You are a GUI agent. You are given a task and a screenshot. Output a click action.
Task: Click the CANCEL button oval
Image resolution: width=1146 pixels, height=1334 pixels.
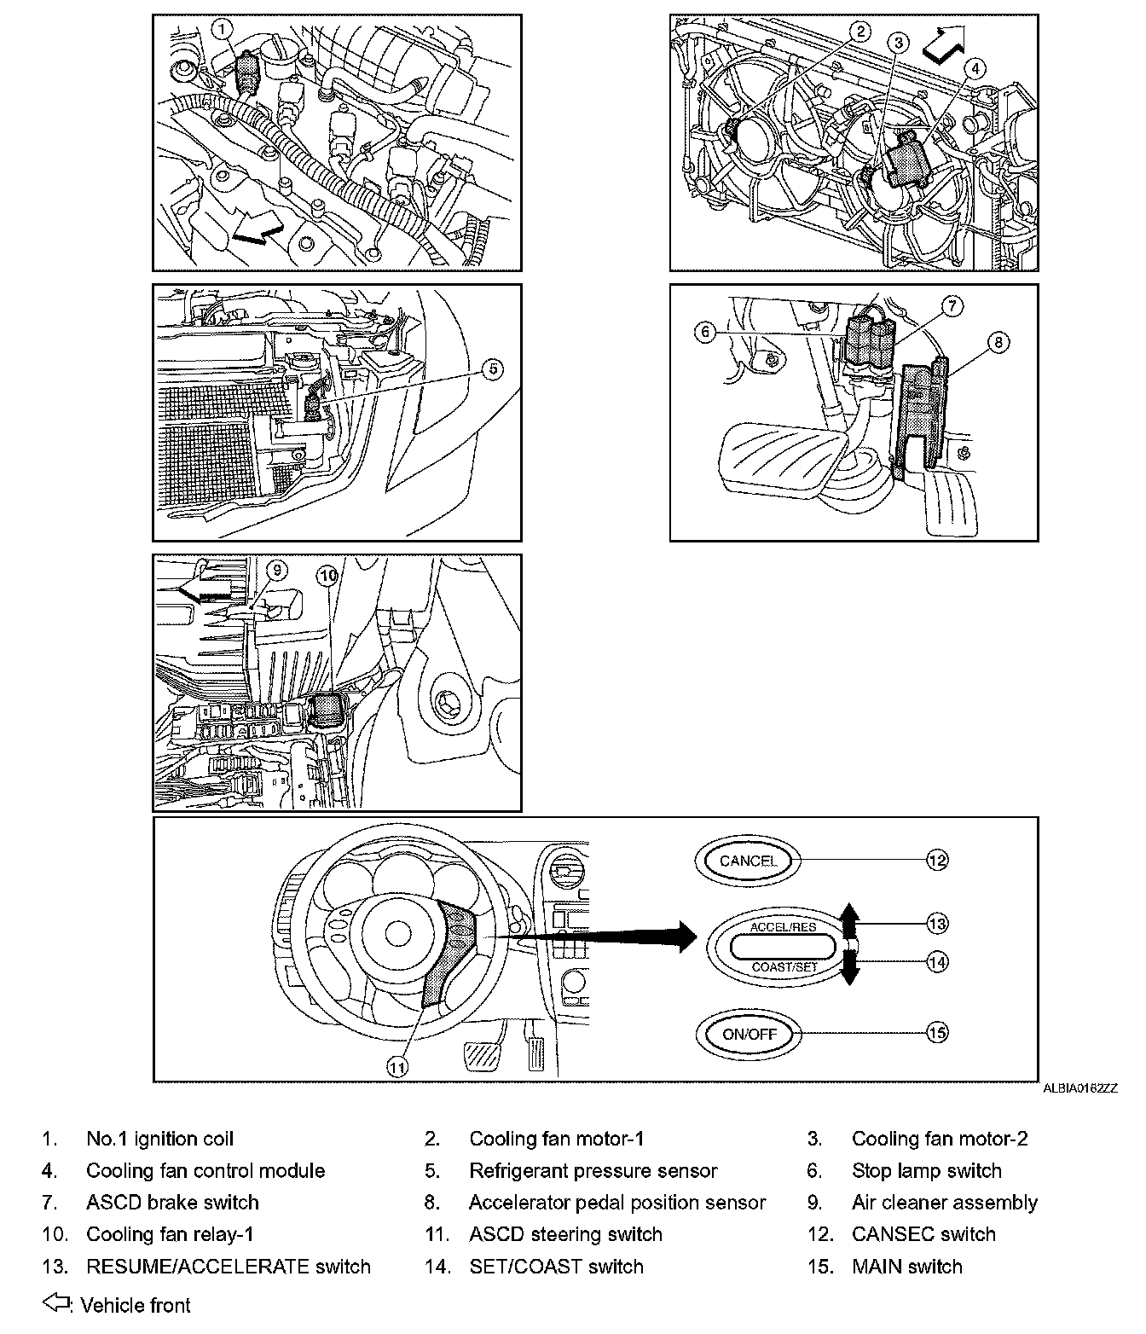748,861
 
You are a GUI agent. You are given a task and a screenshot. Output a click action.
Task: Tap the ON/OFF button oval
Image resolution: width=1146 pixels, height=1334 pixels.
749,1034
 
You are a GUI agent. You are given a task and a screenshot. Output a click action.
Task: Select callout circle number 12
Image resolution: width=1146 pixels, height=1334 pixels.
937,861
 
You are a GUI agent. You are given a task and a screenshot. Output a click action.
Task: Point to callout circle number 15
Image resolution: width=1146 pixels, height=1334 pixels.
937,1033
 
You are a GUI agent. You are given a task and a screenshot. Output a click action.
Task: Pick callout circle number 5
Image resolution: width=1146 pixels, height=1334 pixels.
492,369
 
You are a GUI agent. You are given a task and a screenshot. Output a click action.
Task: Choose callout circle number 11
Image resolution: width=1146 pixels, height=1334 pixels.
397,1065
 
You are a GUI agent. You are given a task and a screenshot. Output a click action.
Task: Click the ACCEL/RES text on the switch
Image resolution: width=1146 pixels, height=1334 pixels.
783,927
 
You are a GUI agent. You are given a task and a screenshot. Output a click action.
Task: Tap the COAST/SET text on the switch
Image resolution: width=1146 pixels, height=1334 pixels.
784,967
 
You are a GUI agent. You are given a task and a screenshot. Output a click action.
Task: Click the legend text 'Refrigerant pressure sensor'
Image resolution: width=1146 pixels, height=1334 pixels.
593,1171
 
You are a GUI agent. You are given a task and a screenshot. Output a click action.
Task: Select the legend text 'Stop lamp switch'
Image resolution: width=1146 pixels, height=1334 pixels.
926,1171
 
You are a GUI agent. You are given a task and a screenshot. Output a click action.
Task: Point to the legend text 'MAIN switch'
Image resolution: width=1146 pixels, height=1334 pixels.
906,1267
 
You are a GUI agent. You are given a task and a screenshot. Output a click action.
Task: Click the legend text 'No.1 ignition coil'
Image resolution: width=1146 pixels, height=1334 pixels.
159,1139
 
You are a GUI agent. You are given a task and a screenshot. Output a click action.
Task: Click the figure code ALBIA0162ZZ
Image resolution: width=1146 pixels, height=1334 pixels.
1079,1088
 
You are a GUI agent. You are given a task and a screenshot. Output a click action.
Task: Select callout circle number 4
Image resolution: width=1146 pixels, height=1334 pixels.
974,68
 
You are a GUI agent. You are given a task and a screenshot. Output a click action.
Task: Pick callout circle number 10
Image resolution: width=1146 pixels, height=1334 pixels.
328,577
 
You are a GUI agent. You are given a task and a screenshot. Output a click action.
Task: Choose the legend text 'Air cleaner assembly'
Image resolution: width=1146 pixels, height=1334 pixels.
944,1203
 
